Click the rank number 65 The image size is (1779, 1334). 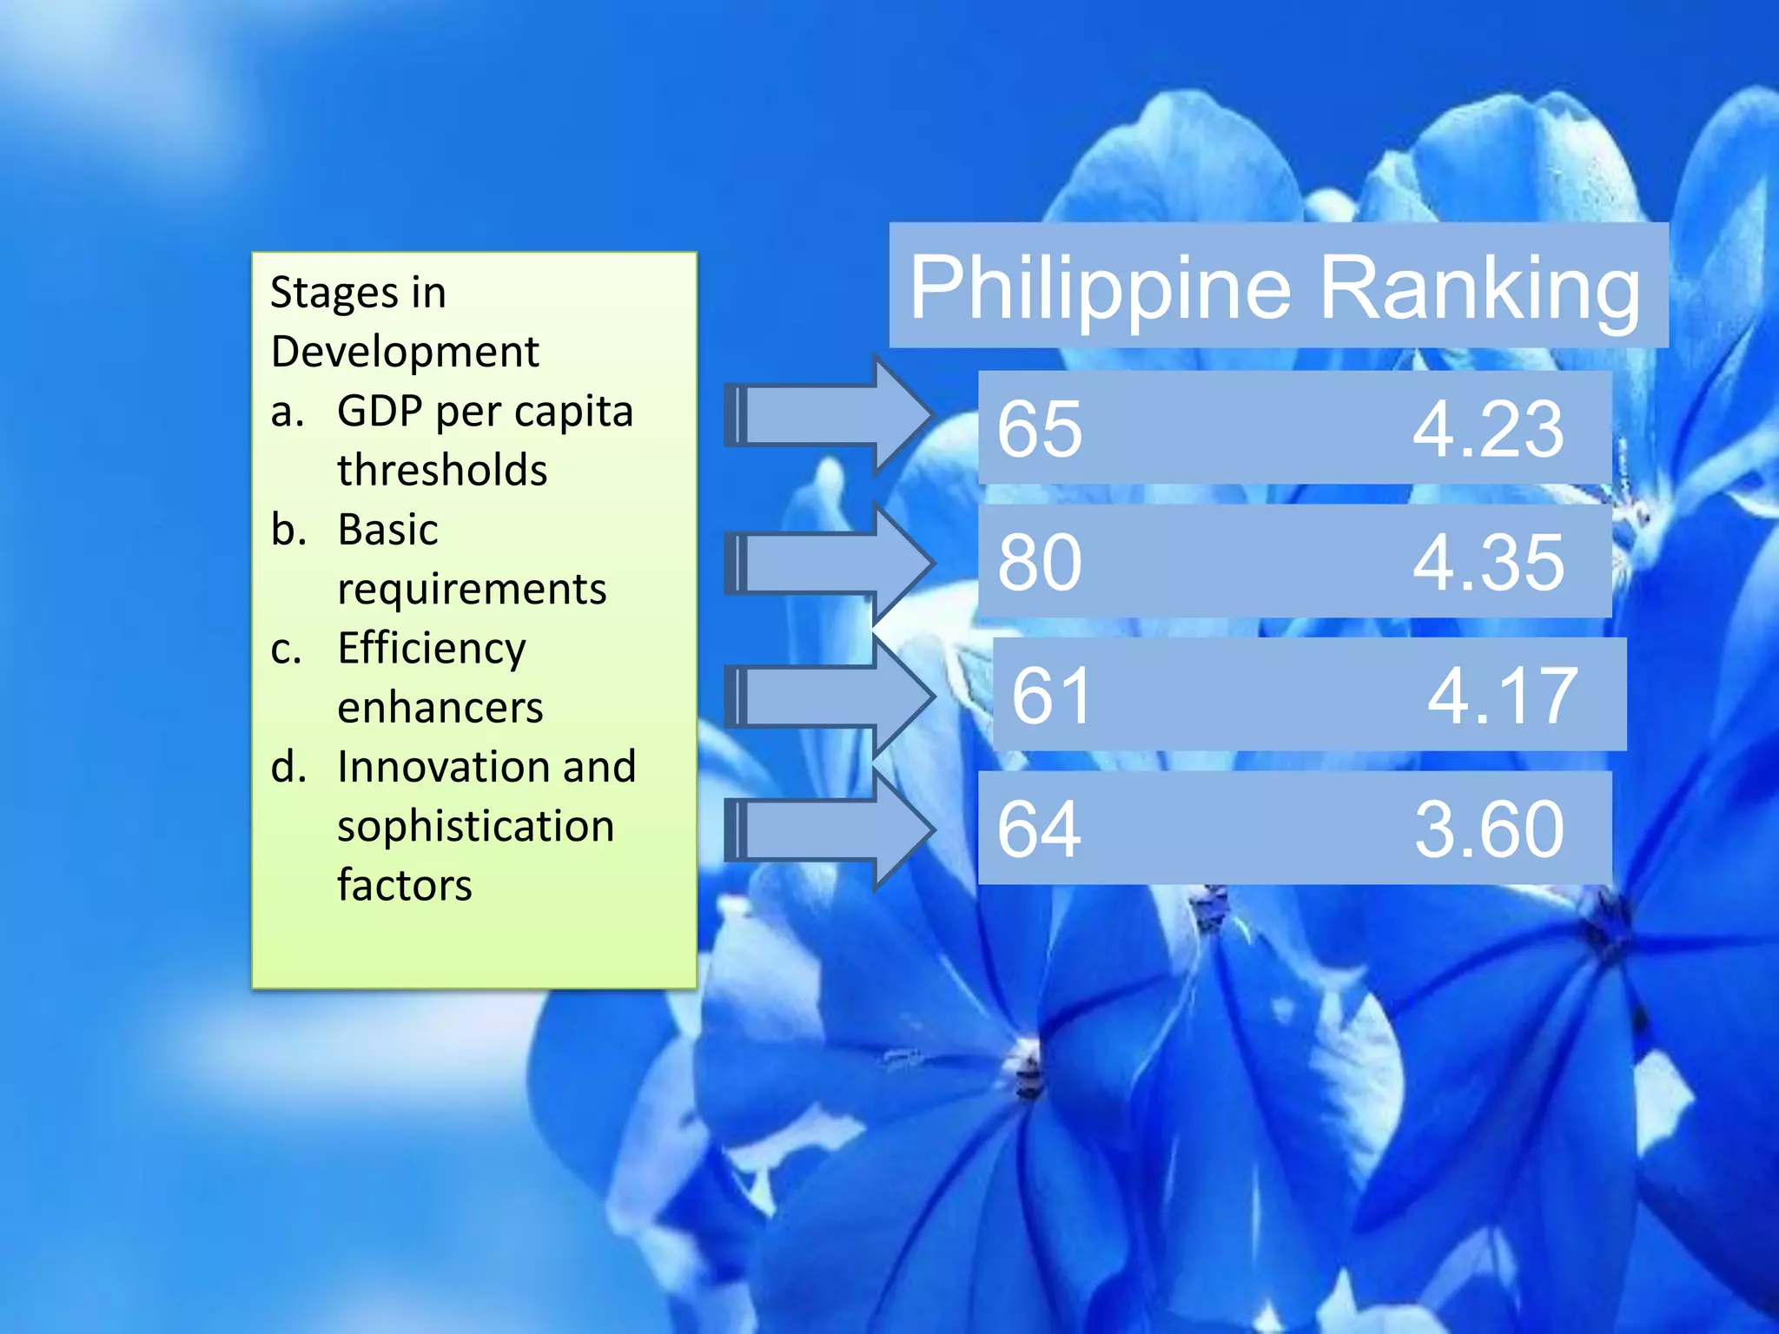1040,429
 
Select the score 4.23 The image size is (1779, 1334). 1488,429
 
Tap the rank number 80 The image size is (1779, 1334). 1040,563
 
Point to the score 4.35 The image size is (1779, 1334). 1488,563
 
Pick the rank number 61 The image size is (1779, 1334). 1052,696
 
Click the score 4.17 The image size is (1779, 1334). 1502,696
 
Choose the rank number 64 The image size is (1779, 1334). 1040,829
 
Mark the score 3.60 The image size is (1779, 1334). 1489,829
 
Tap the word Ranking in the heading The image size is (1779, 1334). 1480,288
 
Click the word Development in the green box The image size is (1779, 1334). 405,352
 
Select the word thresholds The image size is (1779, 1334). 442,470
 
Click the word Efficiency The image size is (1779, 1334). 432,649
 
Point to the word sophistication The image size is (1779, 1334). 476,826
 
